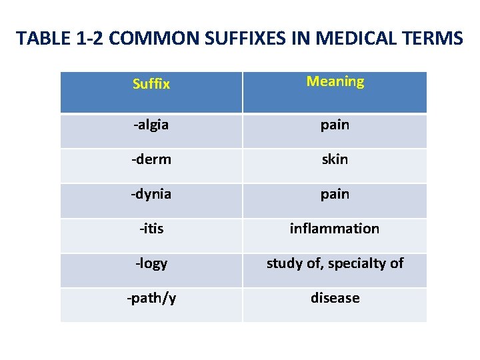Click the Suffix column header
click(x=151, y=85)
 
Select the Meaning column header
click(x=335, y=82)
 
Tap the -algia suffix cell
click(x=151, y=125)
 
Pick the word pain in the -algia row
click(x=335, y=125)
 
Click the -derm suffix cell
click(x=151, y=159)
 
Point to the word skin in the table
click(x=335, y=159)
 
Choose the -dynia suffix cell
click(x=151, y=194)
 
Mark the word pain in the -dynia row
click(x=335, y=194)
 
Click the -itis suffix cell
click(x=151, y=229)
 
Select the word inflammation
click(x=335, y=229)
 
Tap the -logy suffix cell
click(x=151, y=263)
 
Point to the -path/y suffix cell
click(x=151, y=298)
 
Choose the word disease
click(x=335, y=298)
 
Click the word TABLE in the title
click(x=41, y=39)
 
